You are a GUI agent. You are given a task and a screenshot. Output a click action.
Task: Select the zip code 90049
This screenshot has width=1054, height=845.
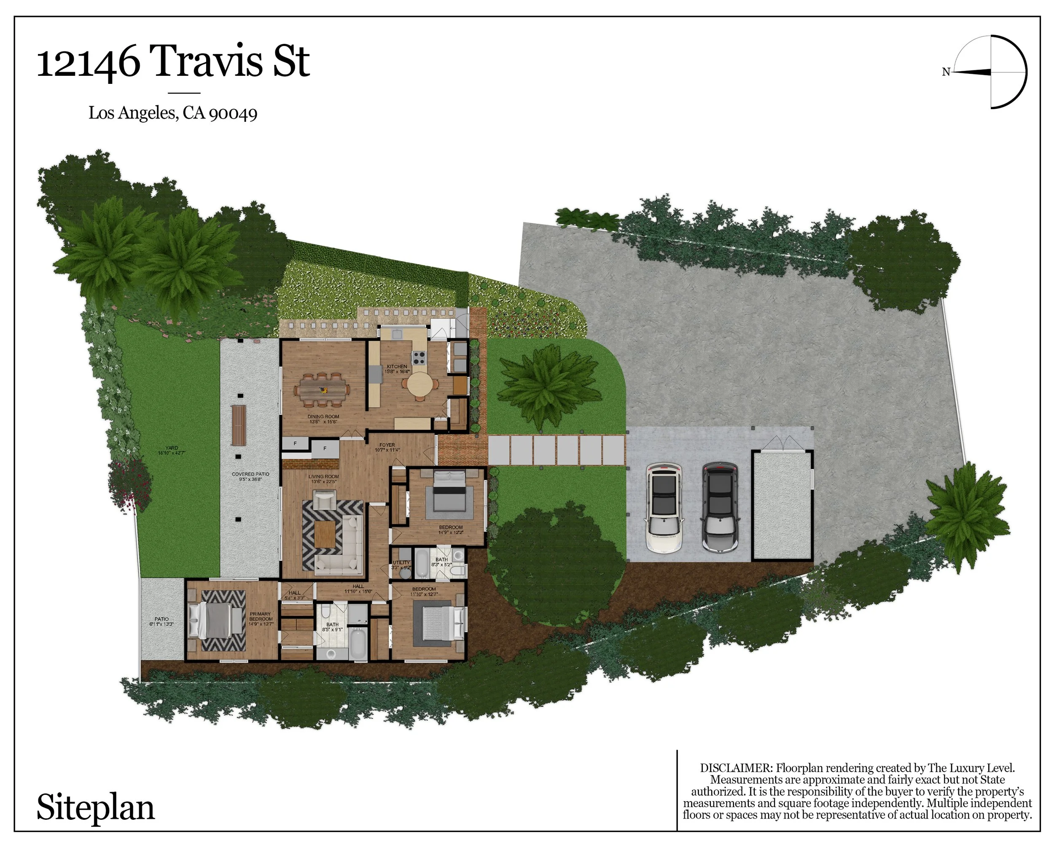tap(233, 114)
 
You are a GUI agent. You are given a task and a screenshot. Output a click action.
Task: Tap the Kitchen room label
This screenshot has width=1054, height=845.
tap(396, 366)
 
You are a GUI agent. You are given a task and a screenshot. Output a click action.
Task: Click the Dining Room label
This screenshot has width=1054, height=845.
tap(323, 416)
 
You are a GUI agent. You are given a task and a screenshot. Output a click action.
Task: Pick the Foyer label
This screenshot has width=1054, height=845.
tap(387, 445)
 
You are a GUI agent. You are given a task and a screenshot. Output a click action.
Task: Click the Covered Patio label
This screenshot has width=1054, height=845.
tap(250, 474)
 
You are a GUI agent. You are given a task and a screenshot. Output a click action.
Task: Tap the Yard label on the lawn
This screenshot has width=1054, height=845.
tap(172, 448)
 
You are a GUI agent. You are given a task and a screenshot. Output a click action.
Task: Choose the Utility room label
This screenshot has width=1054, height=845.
tap(401, 563)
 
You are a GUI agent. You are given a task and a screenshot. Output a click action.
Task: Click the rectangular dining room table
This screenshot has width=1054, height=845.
tap(323, 390)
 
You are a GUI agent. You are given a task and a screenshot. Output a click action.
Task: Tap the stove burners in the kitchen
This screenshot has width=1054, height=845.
tap(419, 358)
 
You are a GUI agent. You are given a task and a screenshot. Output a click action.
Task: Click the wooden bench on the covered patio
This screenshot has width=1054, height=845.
tap(238, 425)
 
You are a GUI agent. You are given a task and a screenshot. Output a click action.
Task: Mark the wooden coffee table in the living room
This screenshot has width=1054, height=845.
tap(325, 534)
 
